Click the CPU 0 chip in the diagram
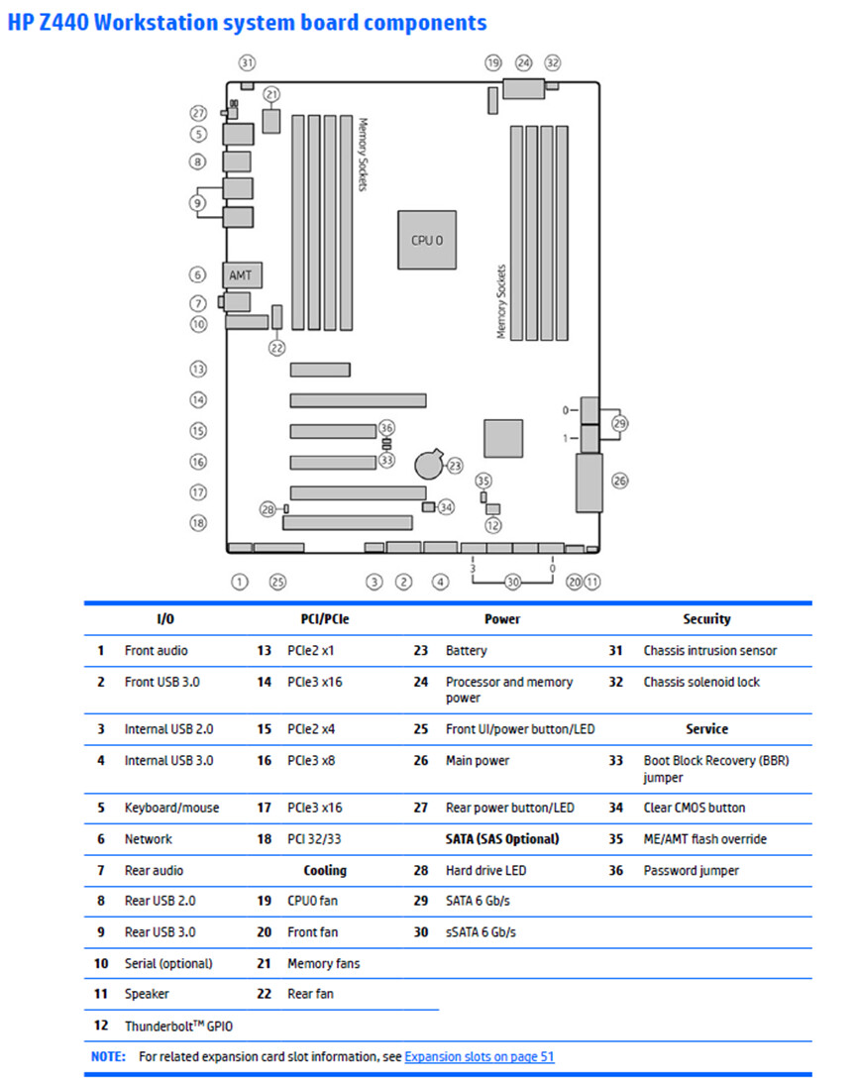point(427,240)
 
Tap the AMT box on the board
point(241,273)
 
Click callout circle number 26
point(620,481)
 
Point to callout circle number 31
point(247,62)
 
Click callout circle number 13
point(198,369)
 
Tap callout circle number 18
point(198,522)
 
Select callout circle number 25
point(277,582)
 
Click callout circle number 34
point(446,507)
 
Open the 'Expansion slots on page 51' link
point(480,1057)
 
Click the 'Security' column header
point(706,619)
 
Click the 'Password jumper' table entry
point(691,871)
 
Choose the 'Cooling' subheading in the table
point(325,871)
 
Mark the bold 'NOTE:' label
point(107,1057)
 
